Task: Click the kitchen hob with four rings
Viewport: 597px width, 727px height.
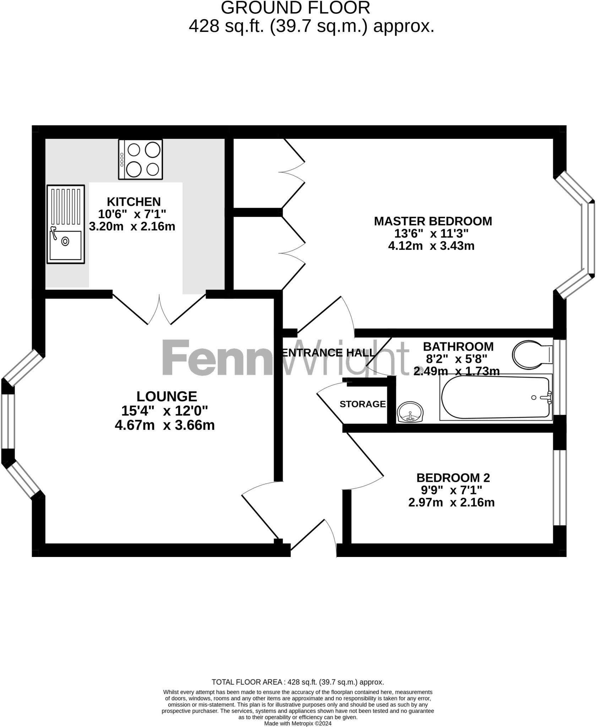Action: (x=141, y=159)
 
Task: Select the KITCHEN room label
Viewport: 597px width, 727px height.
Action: (x=134, y=202)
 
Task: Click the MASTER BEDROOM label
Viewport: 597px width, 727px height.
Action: (x=433, y=221)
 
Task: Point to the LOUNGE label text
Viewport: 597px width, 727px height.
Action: (x=167, y=396)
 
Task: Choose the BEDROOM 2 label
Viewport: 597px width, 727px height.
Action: (x=453, y=478)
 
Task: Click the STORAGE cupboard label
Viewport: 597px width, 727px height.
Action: (x=362, y=404)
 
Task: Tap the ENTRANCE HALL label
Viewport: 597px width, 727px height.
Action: (x=328, y=353)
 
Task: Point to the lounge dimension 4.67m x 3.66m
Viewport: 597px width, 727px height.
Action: (x=165, y=425)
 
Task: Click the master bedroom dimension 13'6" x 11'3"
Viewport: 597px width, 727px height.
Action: (x=432, y=234)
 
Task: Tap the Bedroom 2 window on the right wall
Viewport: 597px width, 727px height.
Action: (x=560, y=487)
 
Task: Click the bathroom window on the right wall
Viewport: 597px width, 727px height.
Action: (x=560, y=377)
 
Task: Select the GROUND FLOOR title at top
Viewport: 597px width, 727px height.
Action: (x=295, y=8)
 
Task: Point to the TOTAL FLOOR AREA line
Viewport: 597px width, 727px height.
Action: (x=298, y=682)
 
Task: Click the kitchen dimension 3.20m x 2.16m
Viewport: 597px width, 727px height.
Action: (x=132, y=226)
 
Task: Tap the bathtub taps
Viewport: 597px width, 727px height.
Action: (x=549, y=398)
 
